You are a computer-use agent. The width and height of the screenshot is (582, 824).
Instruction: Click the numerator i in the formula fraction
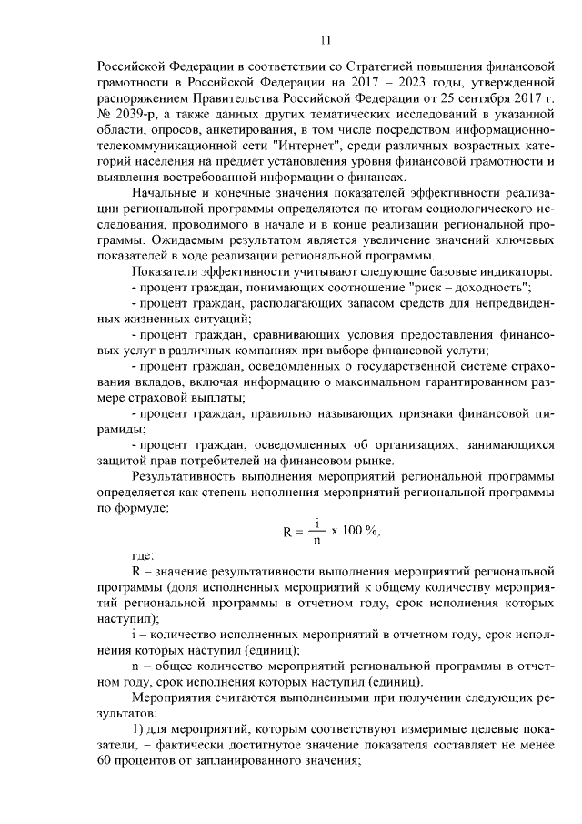tap(316, 523)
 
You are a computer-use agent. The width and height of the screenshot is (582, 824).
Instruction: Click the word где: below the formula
tap(143, 555)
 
